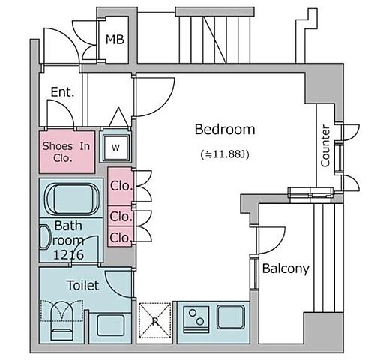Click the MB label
click(115, 40)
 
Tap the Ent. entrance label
click(62, 92)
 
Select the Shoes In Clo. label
click(66, 152)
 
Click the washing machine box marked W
click(115, 148)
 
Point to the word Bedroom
click(225, 129)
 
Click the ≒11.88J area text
click(225, 154)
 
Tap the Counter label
click(325, 146)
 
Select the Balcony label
click(286, 268)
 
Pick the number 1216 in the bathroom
click(69, 255)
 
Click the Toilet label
click(83, 285)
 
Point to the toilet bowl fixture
click(61, 320)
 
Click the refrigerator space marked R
click(155, 320)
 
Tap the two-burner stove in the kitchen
click(196, 319)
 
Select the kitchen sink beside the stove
click(231, 316)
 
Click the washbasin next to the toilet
click(111, 325)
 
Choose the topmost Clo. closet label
click(121, 186)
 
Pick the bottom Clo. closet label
click(121, 238)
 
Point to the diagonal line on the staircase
click(215, 40)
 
